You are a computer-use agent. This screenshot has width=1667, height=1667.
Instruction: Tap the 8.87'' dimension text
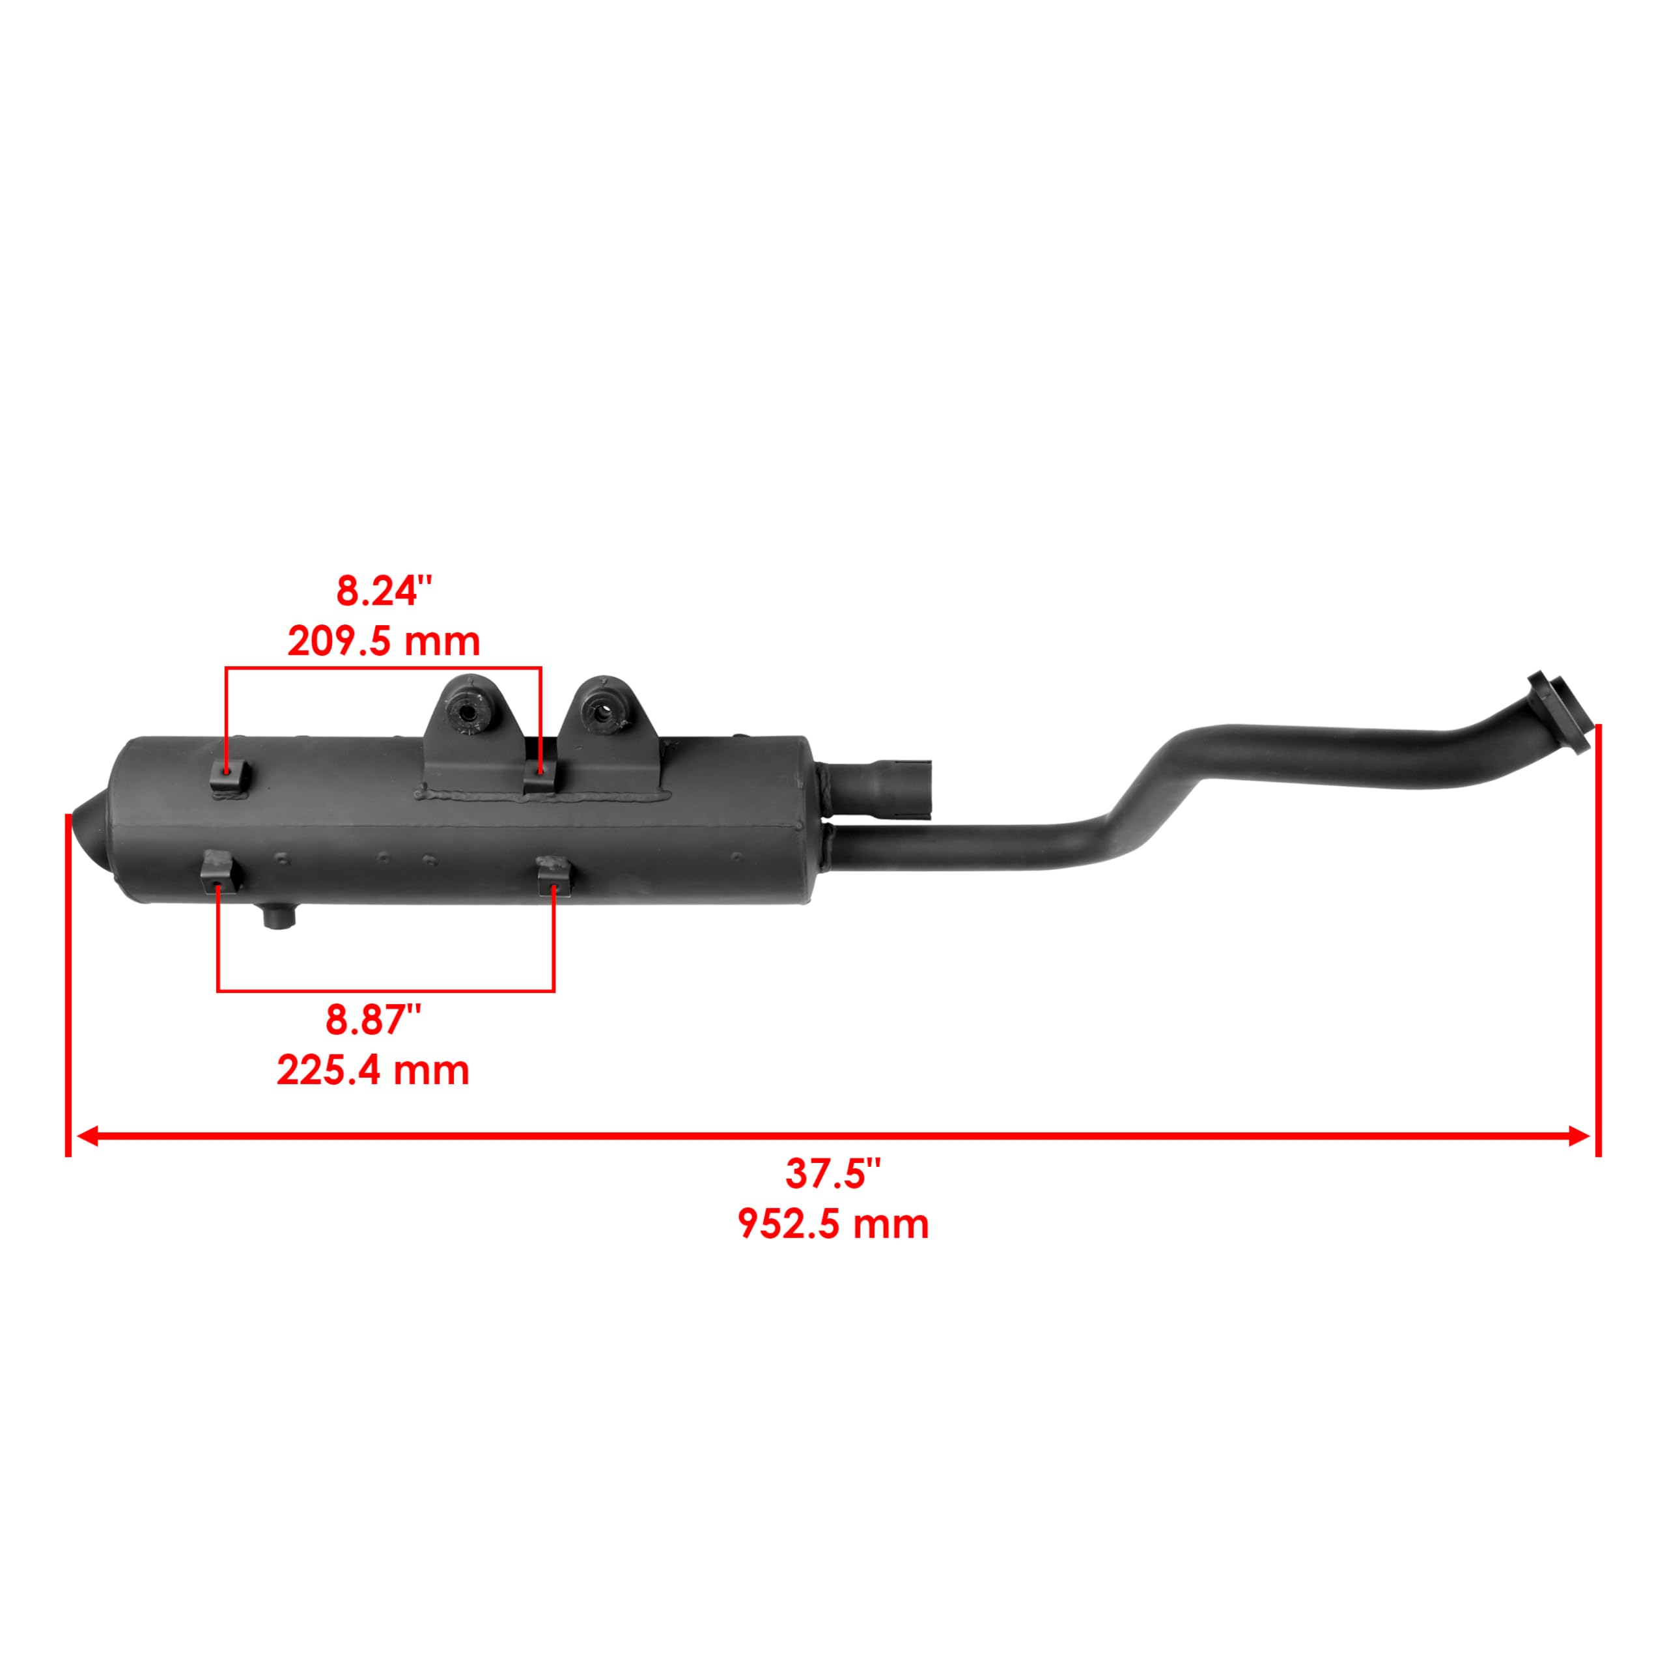[372, 1021]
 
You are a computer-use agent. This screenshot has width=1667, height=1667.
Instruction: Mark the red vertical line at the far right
[1598, 940]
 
